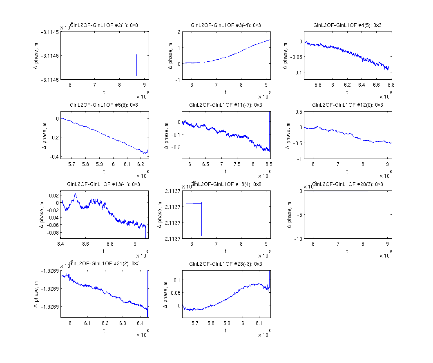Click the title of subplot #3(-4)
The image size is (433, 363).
[x=226, y=25]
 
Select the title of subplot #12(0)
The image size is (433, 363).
[x=348, y=105]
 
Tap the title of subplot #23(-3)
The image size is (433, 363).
[x=226, y=264]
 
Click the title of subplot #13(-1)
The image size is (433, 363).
[x=104, y=184]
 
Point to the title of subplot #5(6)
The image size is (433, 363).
[x=104, y=105]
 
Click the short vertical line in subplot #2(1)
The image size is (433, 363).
[x=136, y=65]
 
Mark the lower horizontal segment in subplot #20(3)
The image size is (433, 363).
[x=380, y=232]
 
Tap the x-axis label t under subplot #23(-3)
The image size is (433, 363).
[x=226, y=331]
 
